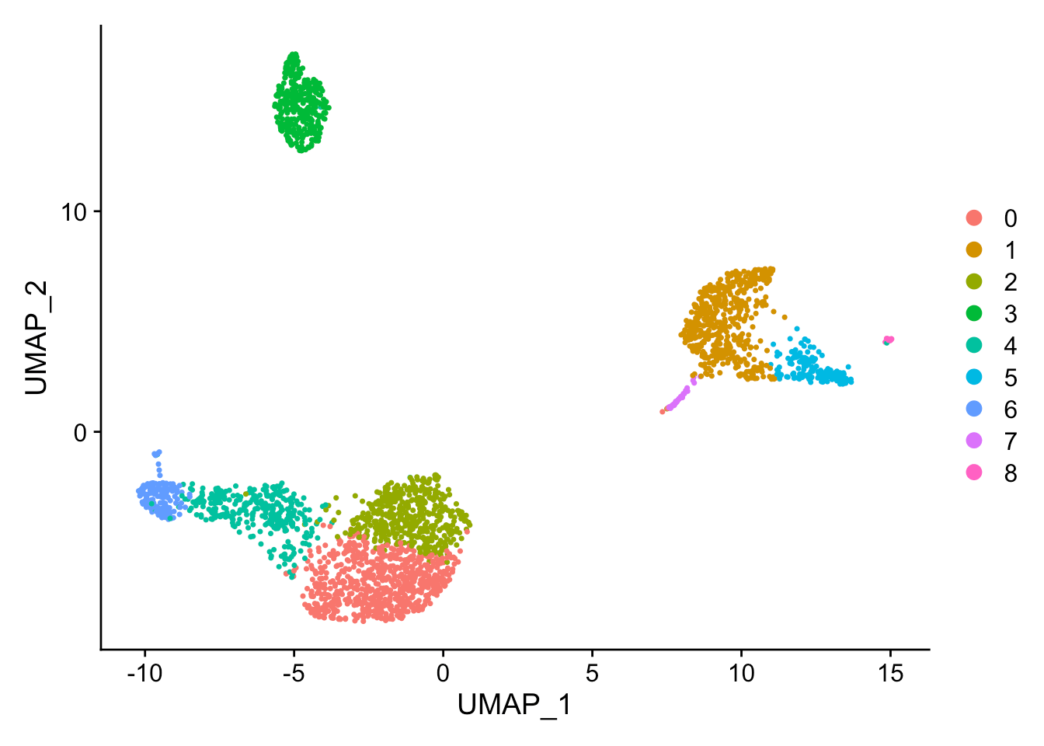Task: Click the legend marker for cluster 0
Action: pos(973,218)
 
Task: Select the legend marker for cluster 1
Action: pos(973,249)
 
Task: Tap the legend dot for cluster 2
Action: pos(973,281)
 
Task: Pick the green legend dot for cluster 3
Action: pos(973,313)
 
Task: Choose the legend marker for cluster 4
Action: pos(973,345)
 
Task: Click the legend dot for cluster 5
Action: pos(973,377)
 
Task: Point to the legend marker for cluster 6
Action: pos(973,409)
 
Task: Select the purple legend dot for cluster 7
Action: pos(973,441)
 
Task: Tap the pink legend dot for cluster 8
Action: pos(973,472)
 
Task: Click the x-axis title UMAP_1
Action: pos(514,705)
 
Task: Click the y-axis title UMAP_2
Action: pos(37,338)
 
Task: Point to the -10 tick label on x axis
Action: pos(144,673)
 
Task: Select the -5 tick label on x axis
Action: pos(294,673)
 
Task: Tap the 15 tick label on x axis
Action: pos(891,673)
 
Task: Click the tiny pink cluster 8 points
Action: pos(889,340)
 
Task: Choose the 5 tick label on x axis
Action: pos(592,673)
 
